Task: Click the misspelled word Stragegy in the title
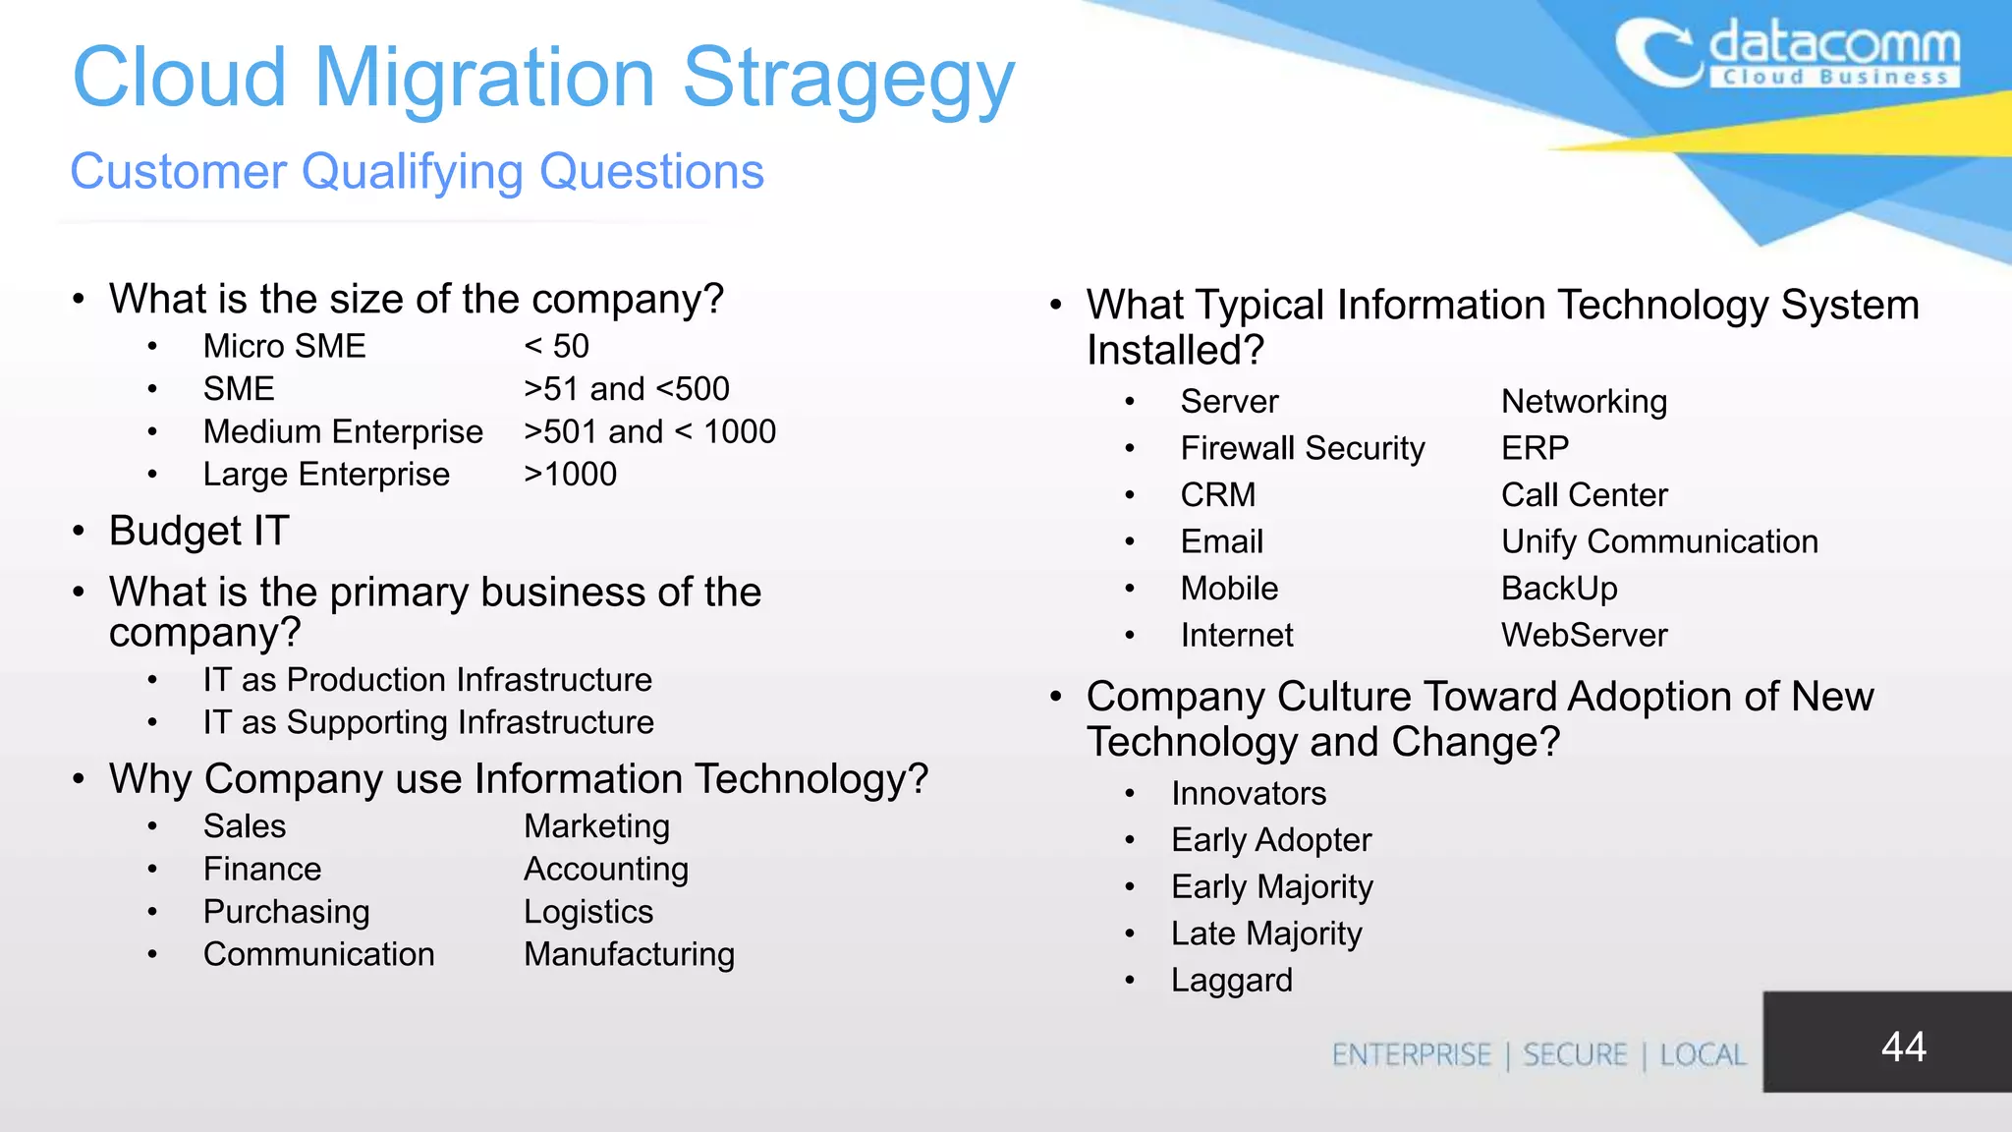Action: click(848, 79)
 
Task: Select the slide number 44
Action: click(1903, 1047)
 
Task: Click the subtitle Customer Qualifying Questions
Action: click(417, 172)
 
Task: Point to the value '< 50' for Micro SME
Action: click(556, 346)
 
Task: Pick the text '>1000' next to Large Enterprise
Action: click(570, 474)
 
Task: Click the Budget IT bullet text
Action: click(198, 531)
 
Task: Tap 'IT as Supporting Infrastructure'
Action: click(428, 722)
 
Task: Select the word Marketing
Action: click(596, 826)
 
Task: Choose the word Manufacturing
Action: click(629, 954)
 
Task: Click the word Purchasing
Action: click(286, 912)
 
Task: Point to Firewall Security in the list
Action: click(1302, 448)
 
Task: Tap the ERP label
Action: click(1535, 448)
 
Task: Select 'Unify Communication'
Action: click(1659, 541)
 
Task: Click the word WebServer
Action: click(1584, 635)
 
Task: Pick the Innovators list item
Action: click(1248, 793)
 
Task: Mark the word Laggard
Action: click(1231, 980)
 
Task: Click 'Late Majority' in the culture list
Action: click(1266, 934)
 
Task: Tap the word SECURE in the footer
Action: click(1575, 1054)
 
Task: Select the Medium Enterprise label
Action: click(343, 431)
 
